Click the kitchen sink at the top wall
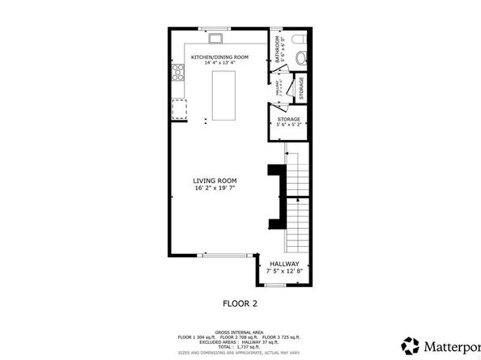(217, 36)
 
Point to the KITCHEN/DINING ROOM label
(219, 57)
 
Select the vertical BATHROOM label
(278, 50)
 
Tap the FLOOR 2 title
(240, 304)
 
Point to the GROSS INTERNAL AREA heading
(240, 332)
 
